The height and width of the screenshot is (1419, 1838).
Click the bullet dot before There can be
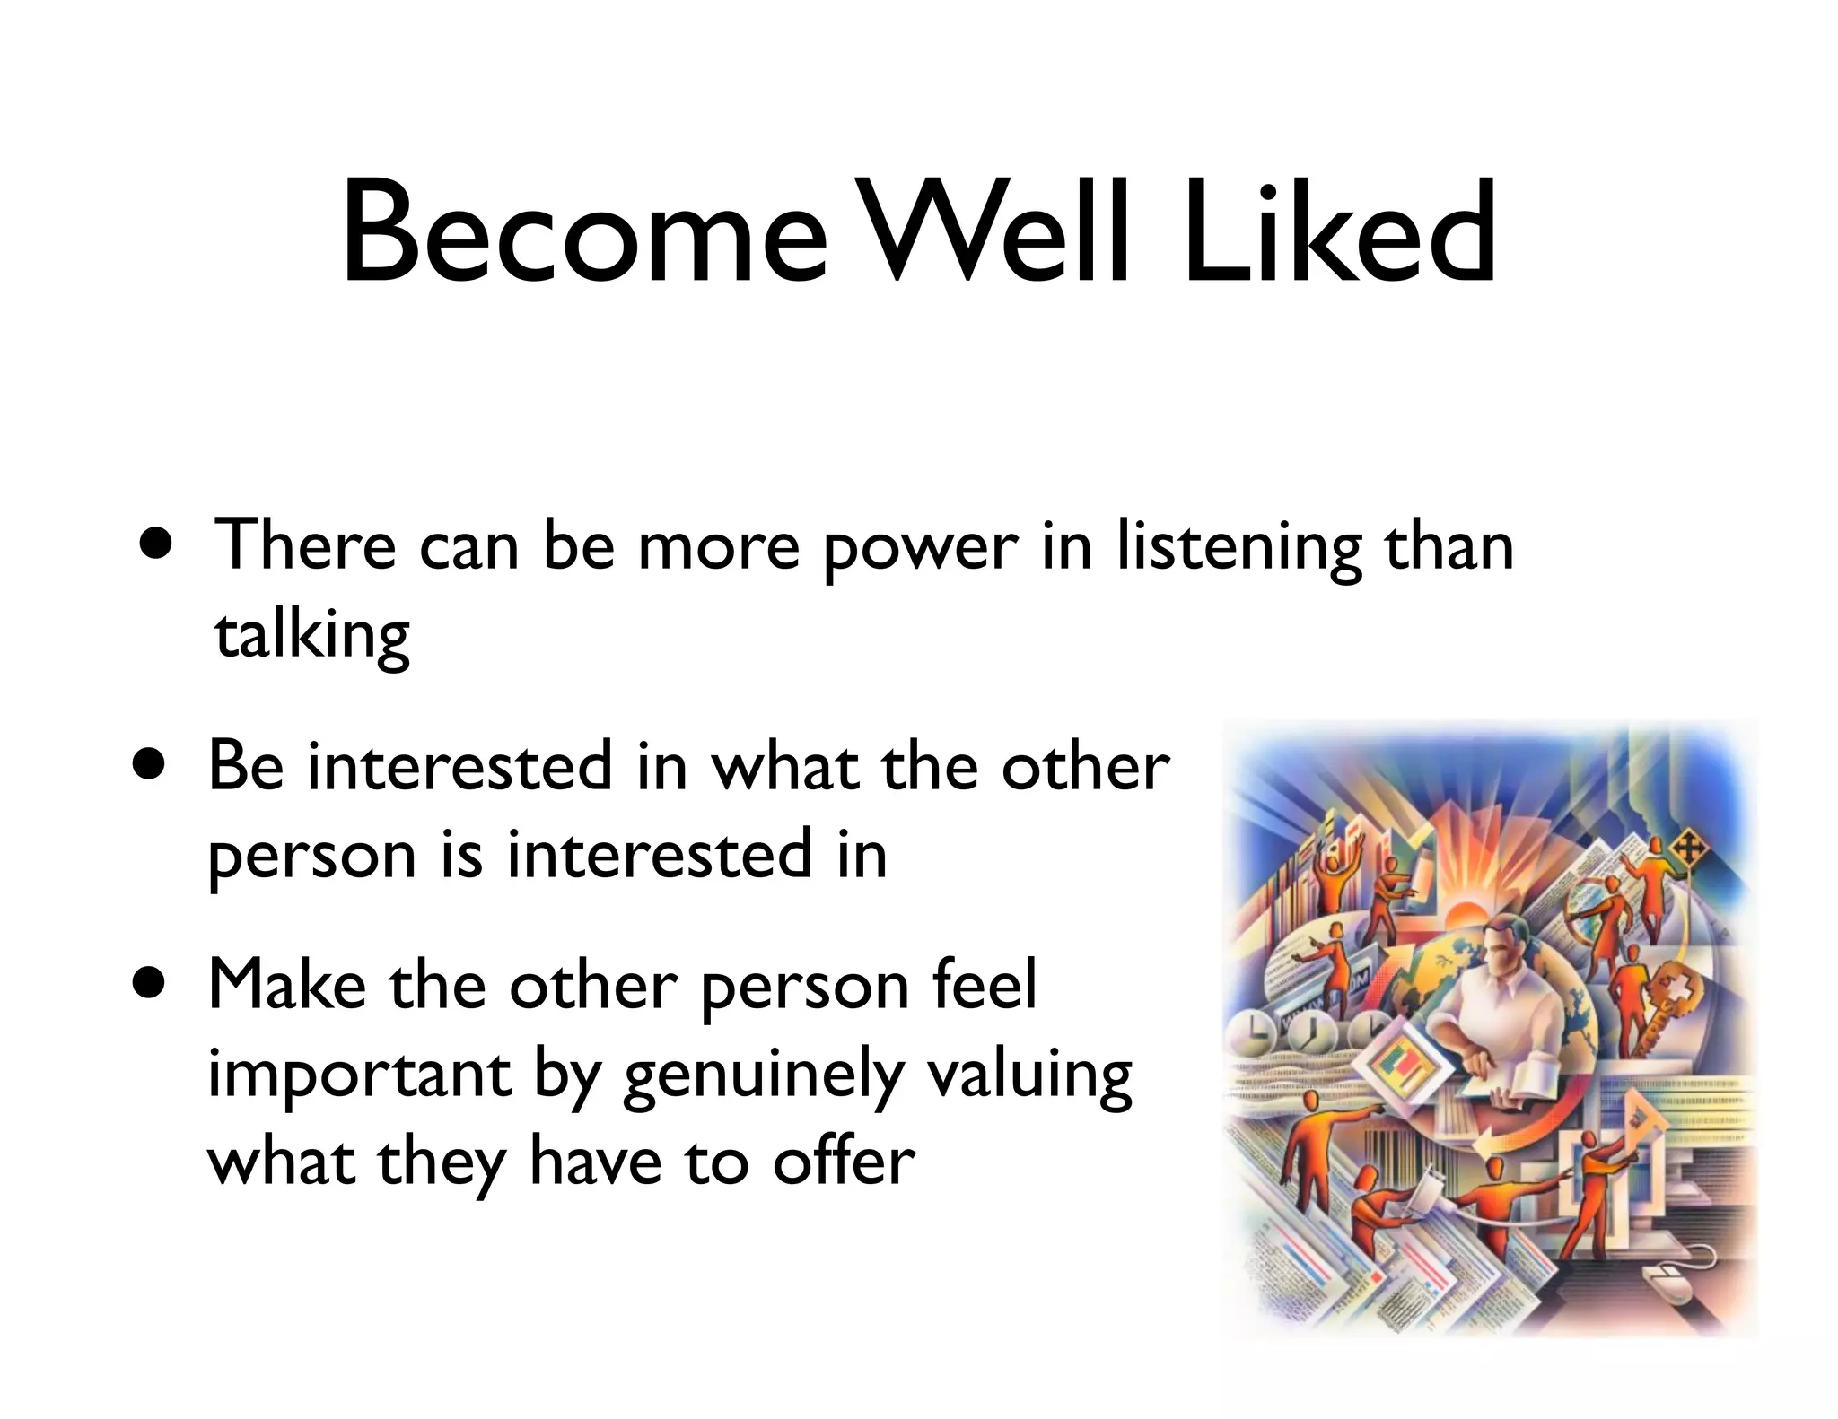[157, 546]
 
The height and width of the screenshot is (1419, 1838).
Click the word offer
[844, 1162]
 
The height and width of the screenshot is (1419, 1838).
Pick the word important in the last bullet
[359, 1075]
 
